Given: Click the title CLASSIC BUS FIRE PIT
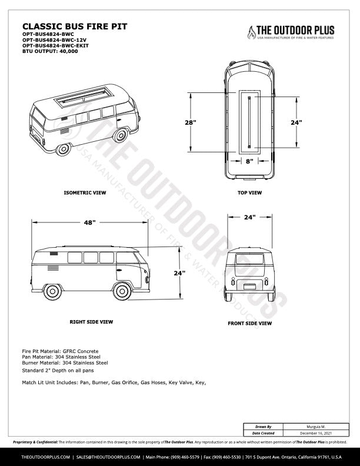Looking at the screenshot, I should click(x=74, y=26).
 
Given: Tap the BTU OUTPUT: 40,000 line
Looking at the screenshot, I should click(x=49, y=51).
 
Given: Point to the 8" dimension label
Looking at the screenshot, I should click(x=249, y=161).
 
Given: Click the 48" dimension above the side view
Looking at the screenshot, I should click(x=89, y=223).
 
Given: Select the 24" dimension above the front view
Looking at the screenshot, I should click(x=250, y=217).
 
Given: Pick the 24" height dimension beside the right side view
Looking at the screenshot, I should click(x=179, y=273).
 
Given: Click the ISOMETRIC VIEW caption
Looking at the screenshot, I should click(x=85, y=192).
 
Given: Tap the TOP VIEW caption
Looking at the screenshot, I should click(x=250, y=192).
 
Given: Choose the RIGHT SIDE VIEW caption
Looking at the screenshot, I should click(x=91, y=322).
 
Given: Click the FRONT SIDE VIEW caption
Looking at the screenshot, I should click(x=249, y=323).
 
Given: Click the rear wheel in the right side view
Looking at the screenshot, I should click(x=52, y=292).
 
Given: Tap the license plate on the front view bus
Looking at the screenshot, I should click(x=250, y=287).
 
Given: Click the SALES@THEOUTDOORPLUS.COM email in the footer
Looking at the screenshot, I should click(x=108, y=457).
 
